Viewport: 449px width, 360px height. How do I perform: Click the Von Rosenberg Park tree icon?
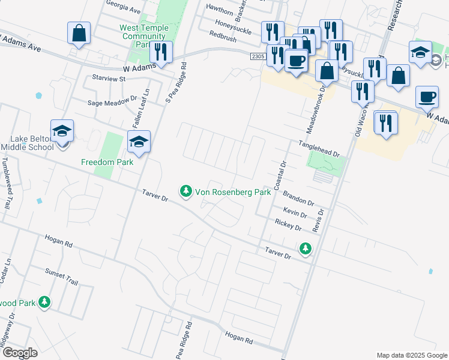186,191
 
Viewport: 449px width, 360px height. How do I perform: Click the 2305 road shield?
258,55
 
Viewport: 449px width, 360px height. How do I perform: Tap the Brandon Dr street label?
298,199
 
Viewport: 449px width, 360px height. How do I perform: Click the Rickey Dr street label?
288,225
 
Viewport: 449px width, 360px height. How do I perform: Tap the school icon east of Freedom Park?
139,142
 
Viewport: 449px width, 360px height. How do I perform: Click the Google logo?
19,353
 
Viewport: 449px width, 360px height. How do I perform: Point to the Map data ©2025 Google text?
411,355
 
